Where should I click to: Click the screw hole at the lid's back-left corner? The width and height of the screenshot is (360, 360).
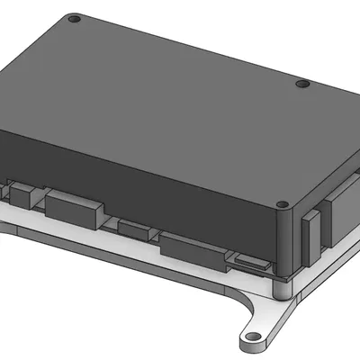(75, 18)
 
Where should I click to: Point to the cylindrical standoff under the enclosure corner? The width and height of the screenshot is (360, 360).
(282, 286)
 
